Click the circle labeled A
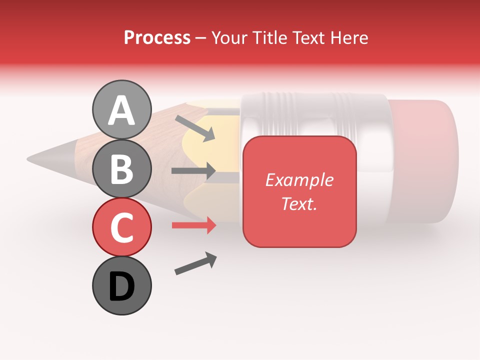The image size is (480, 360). (x=121, y=109)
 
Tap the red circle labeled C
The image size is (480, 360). (x=121, y=227)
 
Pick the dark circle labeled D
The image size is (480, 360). (x=121, y=285)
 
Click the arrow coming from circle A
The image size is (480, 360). (x=194, y=128)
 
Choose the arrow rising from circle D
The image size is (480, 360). (x=195, y=263)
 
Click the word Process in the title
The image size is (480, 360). (x=157, y=37)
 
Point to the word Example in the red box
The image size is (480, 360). (x=299, y=180)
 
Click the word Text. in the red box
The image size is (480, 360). (x=299, y=203)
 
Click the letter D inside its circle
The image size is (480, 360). (x=121, y=287)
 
